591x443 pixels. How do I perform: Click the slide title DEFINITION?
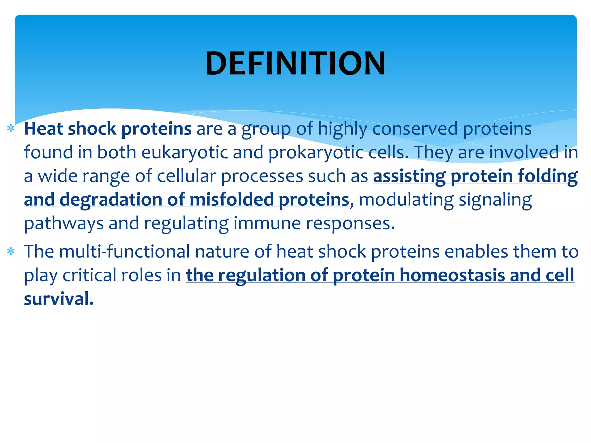(295, 63)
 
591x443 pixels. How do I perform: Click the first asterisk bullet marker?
(11, 128)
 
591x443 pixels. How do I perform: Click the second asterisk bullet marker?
(11, 251)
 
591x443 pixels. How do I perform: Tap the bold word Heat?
(43, 129)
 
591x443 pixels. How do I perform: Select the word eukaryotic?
(185, 152)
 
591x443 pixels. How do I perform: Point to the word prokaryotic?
(316, 152)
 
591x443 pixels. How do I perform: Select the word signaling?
(495, 200)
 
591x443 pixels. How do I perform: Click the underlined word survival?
(59, 299)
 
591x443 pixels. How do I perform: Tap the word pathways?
(64, 224)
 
